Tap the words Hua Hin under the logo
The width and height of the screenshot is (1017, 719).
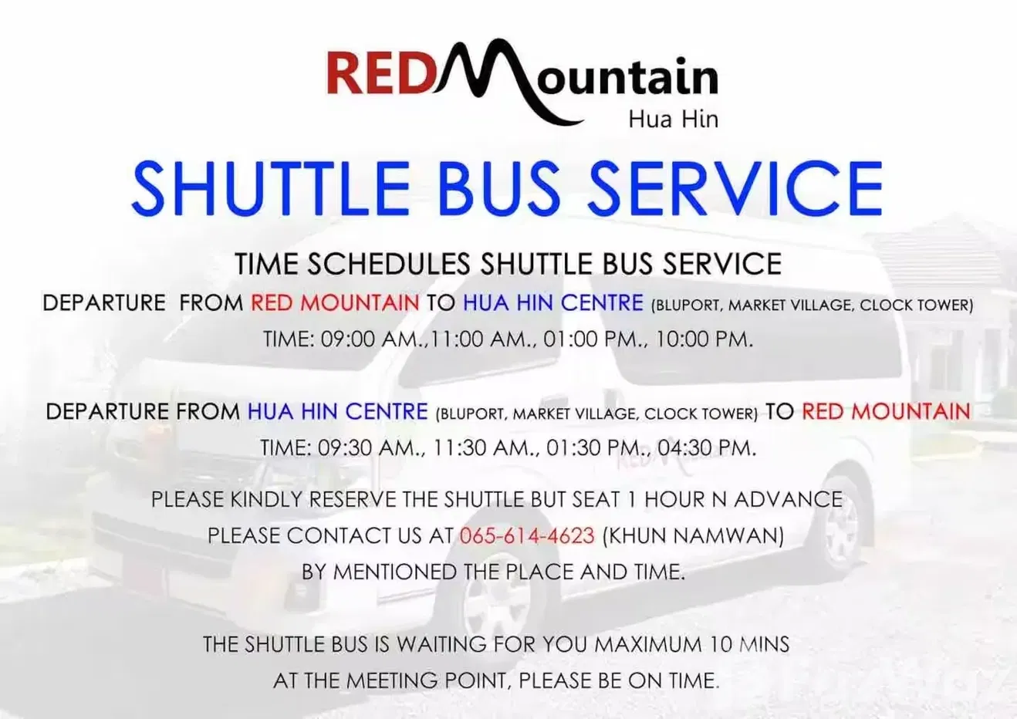tap(674, 120)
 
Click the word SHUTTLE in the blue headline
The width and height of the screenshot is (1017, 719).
tap(271, 188)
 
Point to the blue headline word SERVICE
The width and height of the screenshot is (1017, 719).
tap(735, 188)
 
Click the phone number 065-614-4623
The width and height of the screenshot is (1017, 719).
tap(527, 535)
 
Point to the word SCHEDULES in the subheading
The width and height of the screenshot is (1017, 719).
tap(389, 264)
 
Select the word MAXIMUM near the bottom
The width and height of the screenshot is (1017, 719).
tap(647, 645)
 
